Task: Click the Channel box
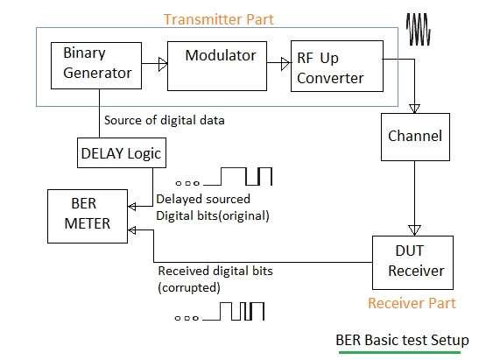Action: pyautogui.click(x=413, y=137)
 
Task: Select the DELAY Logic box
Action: pyautogui.click(x=118, y=155)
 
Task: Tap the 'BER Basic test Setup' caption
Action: pyautogui.click(x=402, y=340)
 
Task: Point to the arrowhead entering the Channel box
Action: pyautogui.click(x=413, y=108)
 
